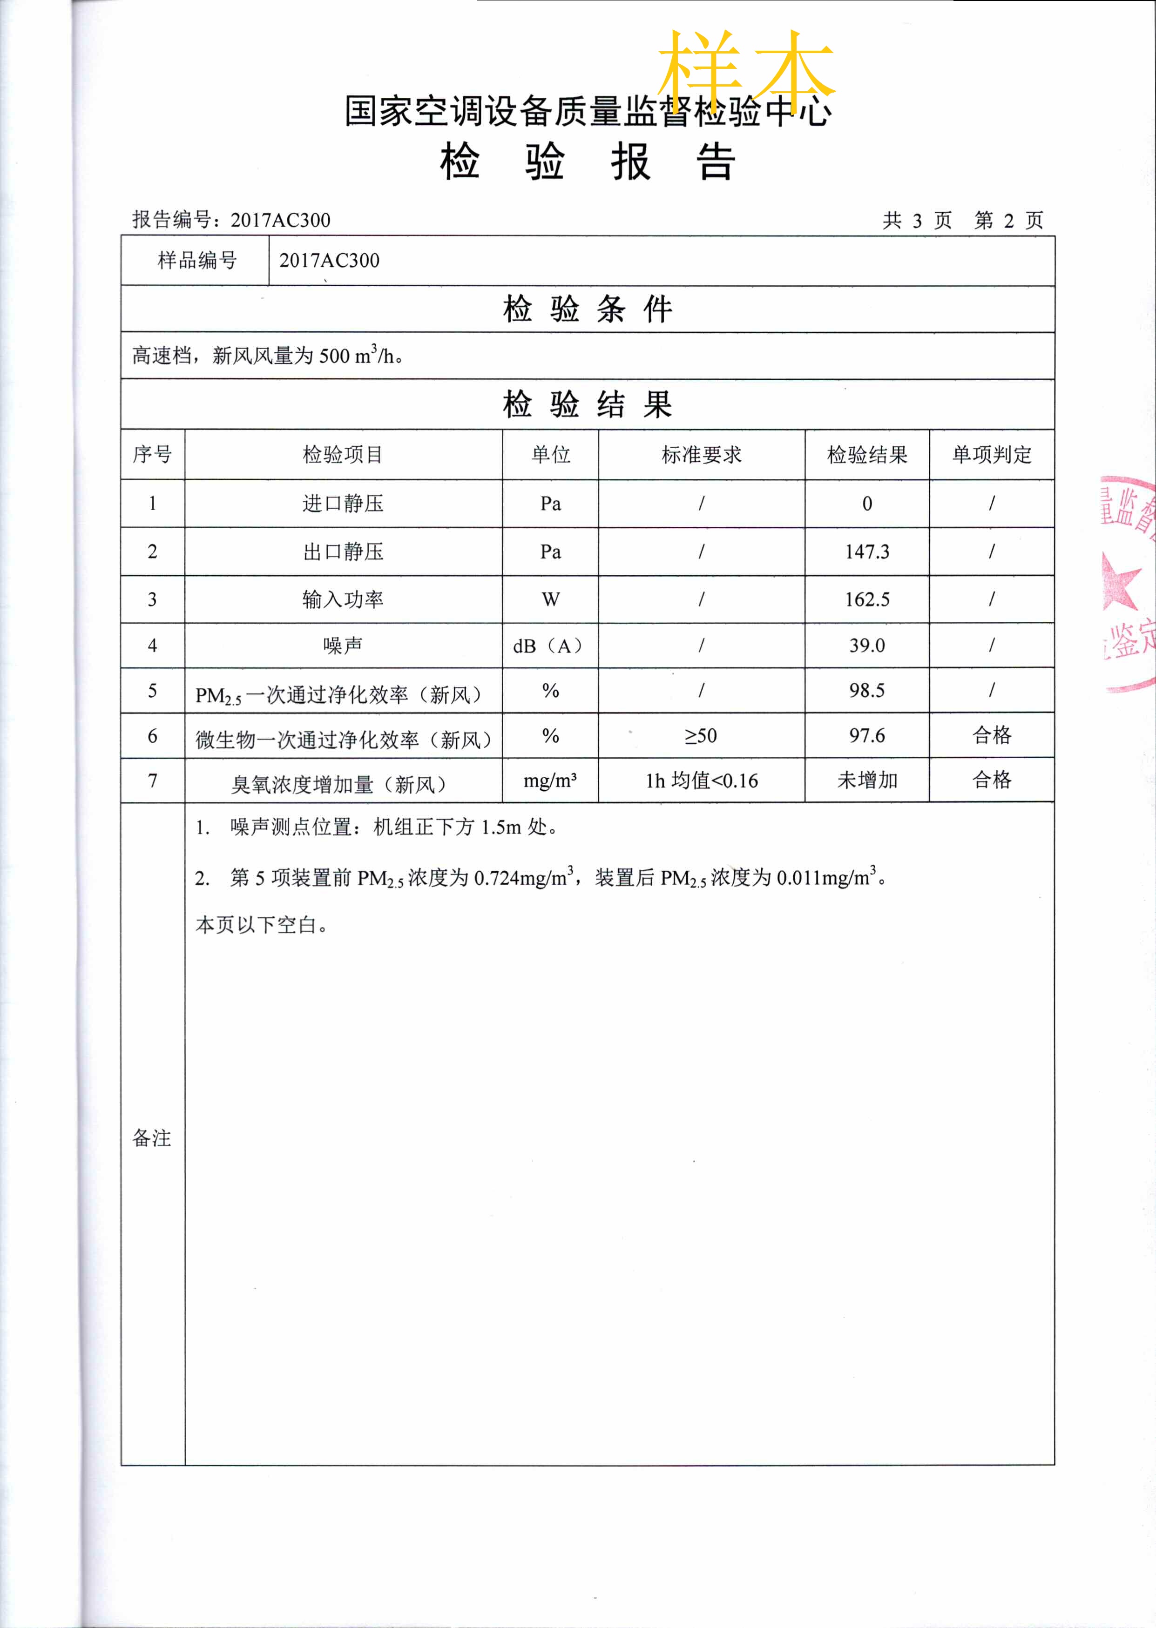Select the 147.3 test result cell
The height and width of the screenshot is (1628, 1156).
(866, 552)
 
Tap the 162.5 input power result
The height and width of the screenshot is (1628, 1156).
(866, 599)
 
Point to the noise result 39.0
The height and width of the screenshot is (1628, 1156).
(866, 646)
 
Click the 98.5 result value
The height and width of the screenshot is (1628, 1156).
(866, 690)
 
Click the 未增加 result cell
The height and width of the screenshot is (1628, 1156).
(866, 780)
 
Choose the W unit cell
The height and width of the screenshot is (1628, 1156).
(550, 599)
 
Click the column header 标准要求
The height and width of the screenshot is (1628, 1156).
(701, 455)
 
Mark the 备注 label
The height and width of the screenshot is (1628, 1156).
(152, 1138)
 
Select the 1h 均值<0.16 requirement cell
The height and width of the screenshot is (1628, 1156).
(701, 780)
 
